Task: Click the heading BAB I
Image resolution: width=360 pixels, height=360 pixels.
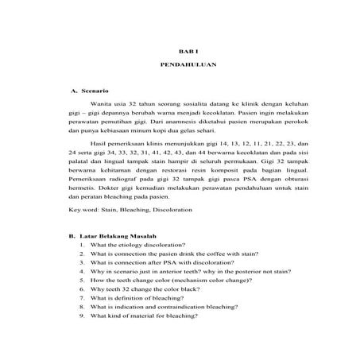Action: (179, 51)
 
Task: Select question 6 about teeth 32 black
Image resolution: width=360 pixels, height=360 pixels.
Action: (144, 304)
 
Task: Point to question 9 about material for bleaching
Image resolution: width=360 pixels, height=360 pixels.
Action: (145, 338)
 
